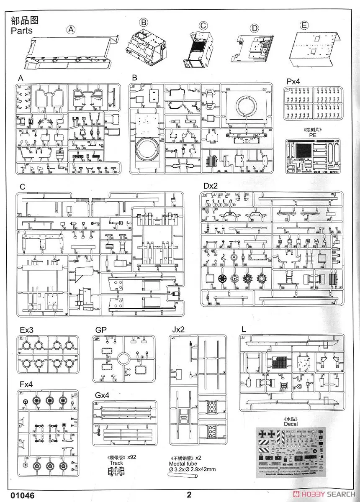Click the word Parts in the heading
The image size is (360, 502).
coord(22,31)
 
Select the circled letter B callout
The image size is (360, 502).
coord(144,22)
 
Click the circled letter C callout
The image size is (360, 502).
coord(203,25)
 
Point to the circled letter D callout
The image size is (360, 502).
coord(254,28)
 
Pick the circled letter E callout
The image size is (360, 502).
coord(305,25)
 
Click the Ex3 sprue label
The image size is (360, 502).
coord(26,330)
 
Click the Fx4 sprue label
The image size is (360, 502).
coord(27,384)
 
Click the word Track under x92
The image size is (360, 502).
coord(116,463)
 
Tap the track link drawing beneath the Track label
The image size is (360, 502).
coord(115,471)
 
